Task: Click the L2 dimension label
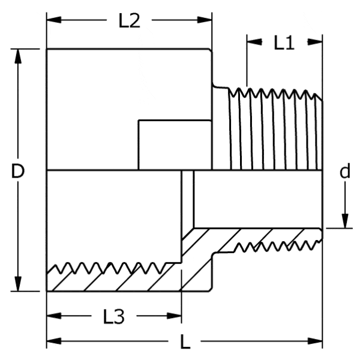click(129, 20)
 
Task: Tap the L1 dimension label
click(284, 43)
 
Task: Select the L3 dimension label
click(113, 317)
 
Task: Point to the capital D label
click(17, 171)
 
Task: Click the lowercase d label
click(345, 171)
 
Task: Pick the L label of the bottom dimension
click(185, 341)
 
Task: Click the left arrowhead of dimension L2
click(54, 20)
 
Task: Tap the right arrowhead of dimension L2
click(205, 20)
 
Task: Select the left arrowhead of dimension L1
click(254, 42)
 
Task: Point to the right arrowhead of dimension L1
click(315, 42)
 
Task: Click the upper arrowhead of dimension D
click(18, 56)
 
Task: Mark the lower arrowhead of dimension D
click(18, 284)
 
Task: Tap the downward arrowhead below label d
click(345, 221)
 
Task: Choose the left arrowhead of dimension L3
click(54, 316)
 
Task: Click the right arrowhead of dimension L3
click(174, 316)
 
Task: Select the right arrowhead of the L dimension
click(315, 341)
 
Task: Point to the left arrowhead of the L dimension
click(54, 341)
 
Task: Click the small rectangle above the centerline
click(175, 145)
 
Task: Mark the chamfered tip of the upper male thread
click(319, 97)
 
